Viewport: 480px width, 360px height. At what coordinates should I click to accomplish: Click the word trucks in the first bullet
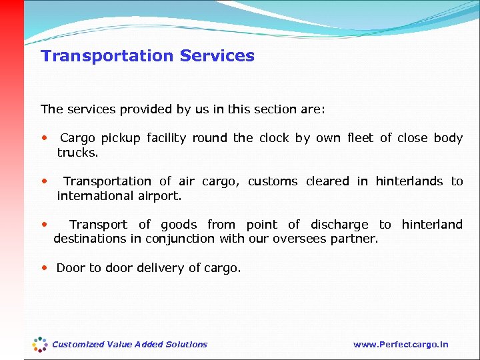76,153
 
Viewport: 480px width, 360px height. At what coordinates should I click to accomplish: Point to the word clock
274,138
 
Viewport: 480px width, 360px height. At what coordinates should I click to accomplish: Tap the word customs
273,181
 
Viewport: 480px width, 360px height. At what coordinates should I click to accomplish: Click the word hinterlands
409,181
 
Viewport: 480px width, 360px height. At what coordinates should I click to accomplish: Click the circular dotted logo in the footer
40,344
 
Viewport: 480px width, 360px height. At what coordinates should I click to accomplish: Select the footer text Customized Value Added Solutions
129,345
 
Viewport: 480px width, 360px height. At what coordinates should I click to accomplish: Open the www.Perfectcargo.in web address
401,345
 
